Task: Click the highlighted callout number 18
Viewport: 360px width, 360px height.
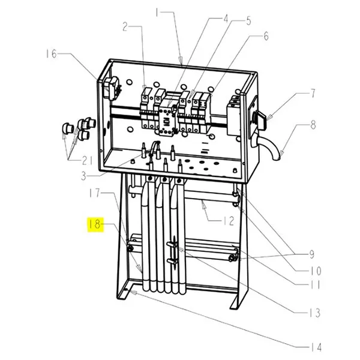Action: click(x=95, y=225)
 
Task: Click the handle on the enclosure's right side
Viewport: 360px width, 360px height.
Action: click(x=262, y=118)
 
